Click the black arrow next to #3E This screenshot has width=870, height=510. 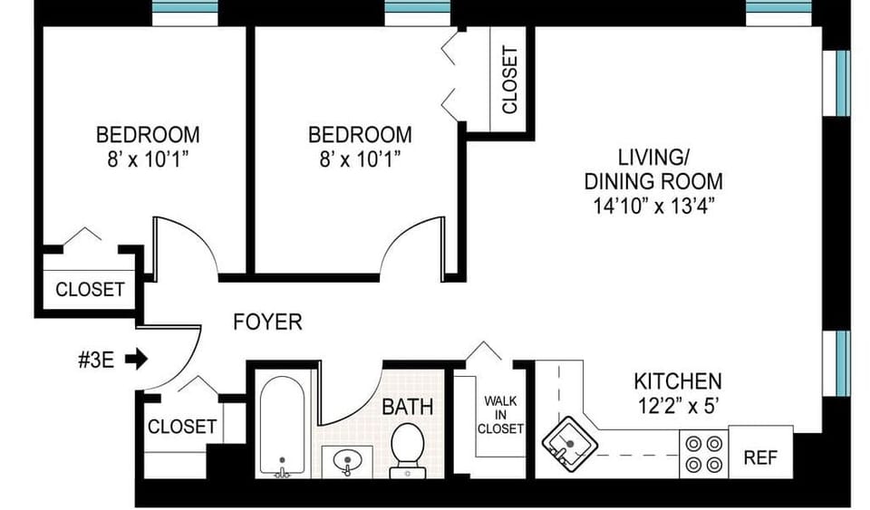[x=136, y=360]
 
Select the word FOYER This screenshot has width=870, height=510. [x=267, y=322]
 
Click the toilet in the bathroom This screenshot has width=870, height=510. [x=406, y=449]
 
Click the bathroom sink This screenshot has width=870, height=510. [x=346, y=463]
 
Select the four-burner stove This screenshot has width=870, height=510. [x=704, y=454]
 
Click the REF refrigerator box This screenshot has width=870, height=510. [x=759, y=457]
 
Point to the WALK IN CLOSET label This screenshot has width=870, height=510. [x=502, y=415]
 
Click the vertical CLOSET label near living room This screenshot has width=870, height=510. [x=509, y=80]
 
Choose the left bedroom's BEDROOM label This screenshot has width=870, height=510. [x=148, y=135]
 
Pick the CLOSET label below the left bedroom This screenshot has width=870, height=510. [x=90, y=290]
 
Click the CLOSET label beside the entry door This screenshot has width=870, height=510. [x=182, y=426]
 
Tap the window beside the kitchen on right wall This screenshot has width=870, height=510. [x=842, y=363]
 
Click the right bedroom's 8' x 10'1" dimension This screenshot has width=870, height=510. [x=360, y=159]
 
